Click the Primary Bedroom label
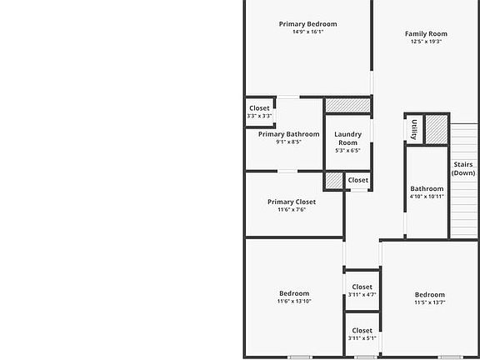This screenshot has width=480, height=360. [x=307, y=24]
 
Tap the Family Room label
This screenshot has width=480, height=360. [x=426, y=34]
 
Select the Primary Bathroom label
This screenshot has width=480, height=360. [x=288, y=134]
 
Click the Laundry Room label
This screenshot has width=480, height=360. [x=347, y=138]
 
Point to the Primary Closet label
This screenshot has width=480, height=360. [x=292, y=202]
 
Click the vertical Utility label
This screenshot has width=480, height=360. [x=413, y=129]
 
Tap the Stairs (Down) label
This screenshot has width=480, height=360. [x=463, y=169]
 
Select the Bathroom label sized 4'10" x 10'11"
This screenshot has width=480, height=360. [x=427, y=188]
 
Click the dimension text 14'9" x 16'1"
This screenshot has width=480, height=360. [x=307, y=32]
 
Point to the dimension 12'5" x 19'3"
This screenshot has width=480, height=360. [x=426, y=41]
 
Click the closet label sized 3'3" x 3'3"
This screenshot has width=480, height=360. [x=259, y=108]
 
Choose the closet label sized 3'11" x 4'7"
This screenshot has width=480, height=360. [x=362, y=287]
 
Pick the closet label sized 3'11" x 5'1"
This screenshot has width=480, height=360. [x=362, y=331]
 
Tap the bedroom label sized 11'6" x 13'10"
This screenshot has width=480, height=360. [x=294, y=293]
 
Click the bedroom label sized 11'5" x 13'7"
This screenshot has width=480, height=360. [x=429, y=294]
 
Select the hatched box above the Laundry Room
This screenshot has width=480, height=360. [x=347, y=105]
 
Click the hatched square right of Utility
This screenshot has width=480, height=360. [x=437, y=129]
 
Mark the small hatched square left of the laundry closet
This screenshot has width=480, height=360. [x=333, y=180]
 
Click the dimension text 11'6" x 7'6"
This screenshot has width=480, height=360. [x=292, y=209]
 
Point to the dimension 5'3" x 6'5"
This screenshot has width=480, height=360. [x=347, y=151]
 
